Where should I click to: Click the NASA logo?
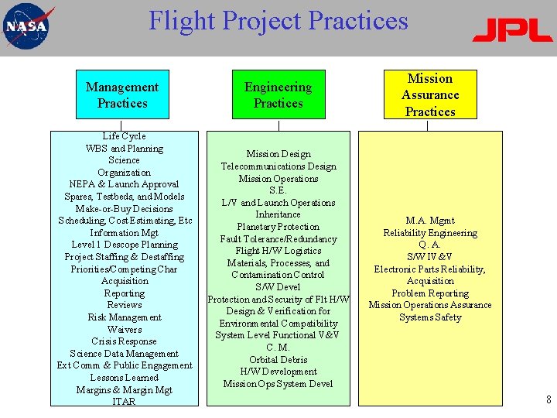(28, 26)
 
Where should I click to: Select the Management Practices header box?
(122, 95)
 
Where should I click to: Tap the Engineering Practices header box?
(278, 95)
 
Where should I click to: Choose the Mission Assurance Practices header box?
(430, 94)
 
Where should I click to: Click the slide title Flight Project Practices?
(278, 20)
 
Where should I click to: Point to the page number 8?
(548, 400)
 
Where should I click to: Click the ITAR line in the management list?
(124, 402)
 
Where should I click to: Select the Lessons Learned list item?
(125, 378)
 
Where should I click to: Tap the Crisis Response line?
(125, 341)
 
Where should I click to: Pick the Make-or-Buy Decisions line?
(125, 209)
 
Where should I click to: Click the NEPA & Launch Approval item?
(125, 184)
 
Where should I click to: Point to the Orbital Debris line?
(278, 360)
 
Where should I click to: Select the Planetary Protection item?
(278, 227)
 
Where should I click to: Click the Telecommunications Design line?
(278, 166)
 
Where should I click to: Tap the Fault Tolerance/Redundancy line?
(278, 239)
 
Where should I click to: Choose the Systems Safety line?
(430, 317)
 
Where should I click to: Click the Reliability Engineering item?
(430, 233)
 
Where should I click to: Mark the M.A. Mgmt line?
(430, 221)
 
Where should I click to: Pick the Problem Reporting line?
(430, 293)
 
